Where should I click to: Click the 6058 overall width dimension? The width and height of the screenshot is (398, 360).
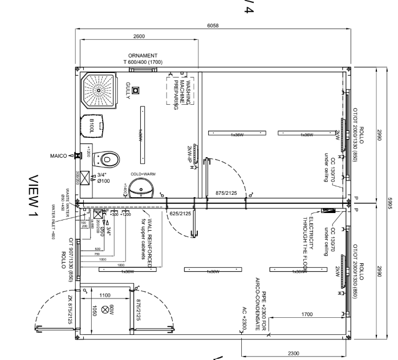point(213,26)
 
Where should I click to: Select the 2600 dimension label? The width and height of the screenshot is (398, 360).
point(139,36)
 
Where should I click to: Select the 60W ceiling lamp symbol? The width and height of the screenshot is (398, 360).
point(105,310)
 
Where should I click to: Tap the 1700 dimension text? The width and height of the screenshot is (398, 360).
point(307,314)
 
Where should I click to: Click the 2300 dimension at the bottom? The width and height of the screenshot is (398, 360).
point(294,354)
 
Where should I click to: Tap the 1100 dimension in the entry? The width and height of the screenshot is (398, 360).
point(104,296)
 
